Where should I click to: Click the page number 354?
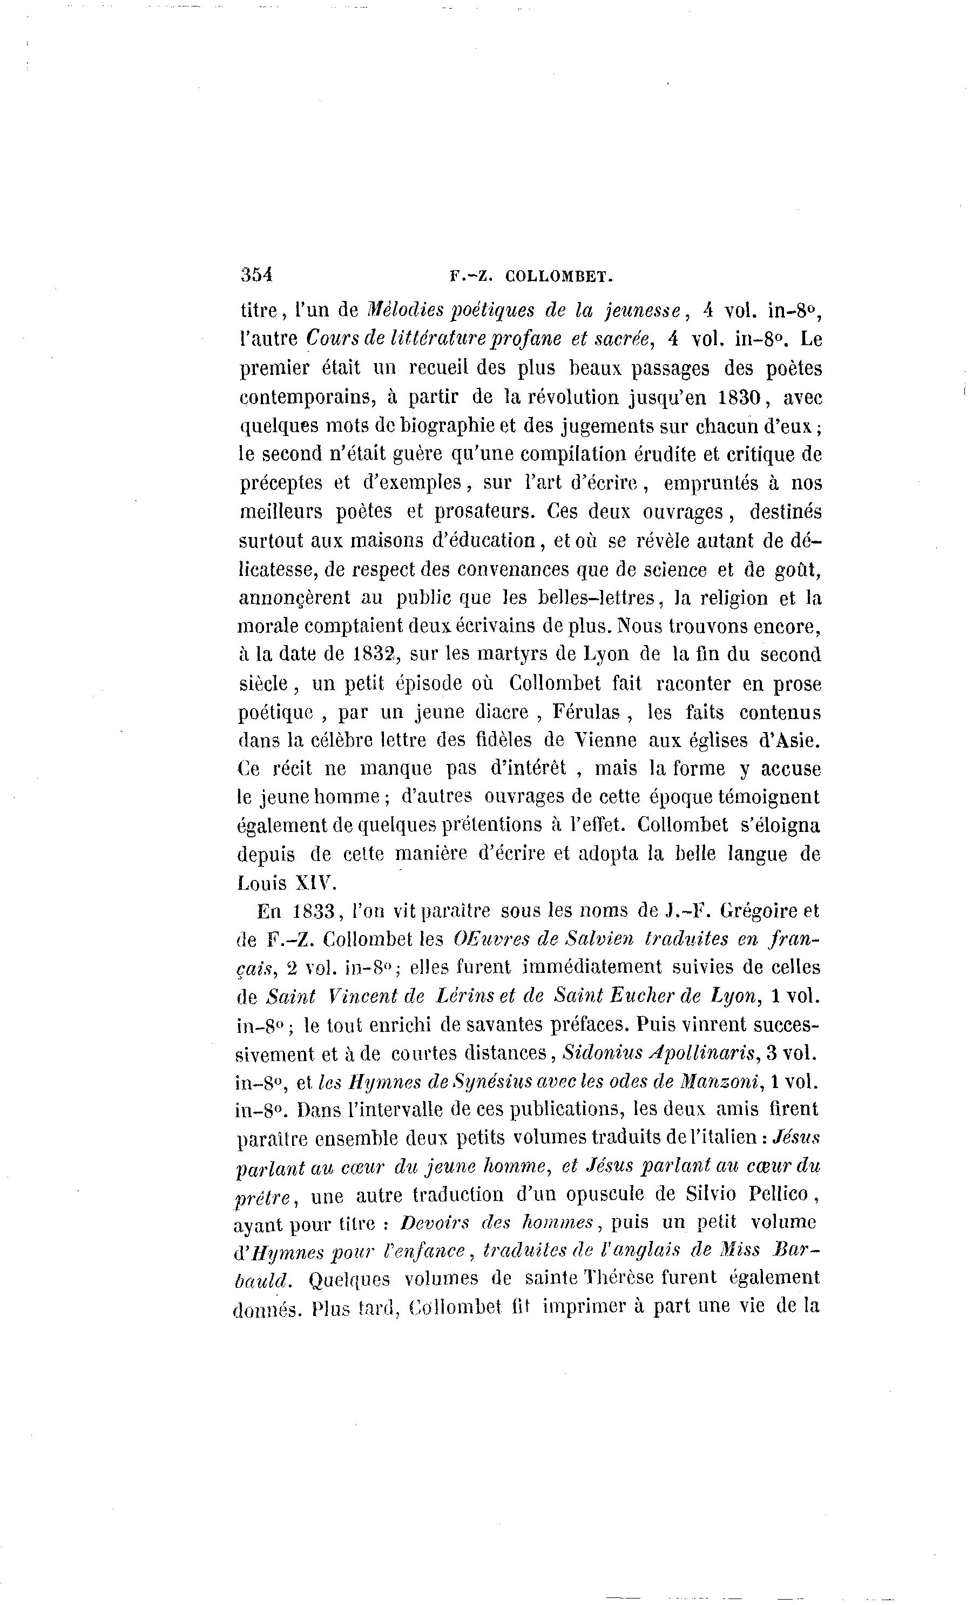point(256,274)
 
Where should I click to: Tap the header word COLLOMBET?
point(559,276)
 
